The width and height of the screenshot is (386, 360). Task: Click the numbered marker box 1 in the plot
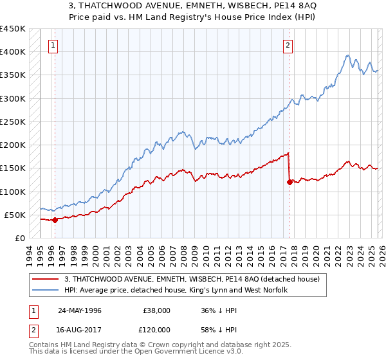(x=52, y=45)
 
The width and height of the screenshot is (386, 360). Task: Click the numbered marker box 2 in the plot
(x=288, y=45)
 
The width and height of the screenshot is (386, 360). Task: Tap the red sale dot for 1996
(x=55, y=220)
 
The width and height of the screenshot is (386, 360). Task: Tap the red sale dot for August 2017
(x=289, y=182)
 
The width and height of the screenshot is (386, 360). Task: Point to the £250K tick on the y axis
(x=13, y=122)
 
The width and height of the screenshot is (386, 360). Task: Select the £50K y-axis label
(x=15, y=215)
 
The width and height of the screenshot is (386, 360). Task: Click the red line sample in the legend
(x=46, y=279)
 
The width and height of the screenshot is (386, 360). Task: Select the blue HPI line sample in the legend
(x=46, y=291)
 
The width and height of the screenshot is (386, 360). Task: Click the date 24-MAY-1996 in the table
(x=80, y=310)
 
